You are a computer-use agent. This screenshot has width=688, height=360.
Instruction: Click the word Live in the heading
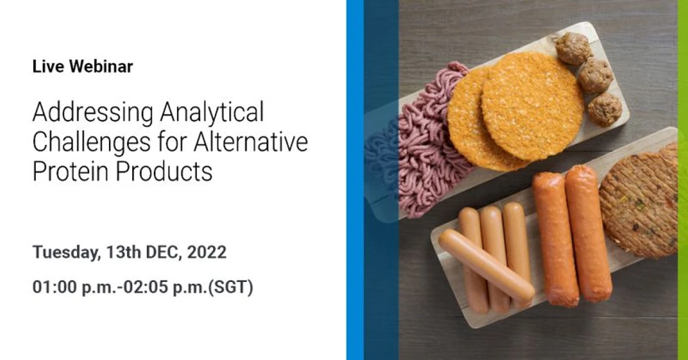(x=45, y=67)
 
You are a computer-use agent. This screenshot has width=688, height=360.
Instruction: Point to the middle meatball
(x=595, y=75)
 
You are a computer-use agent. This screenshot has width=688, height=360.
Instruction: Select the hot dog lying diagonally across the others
(x=485, y=264)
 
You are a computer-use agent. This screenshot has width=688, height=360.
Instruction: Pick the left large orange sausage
(x=555, y=239)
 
